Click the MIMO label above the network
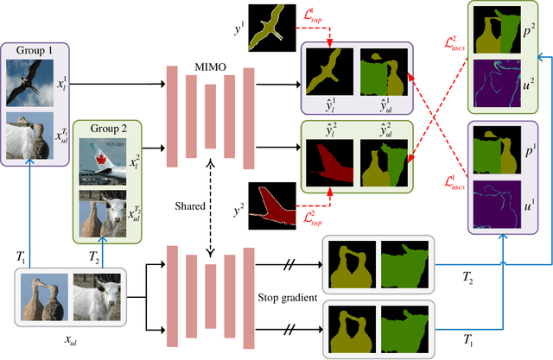[207, 52]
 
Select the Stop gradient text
[288, 298]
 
